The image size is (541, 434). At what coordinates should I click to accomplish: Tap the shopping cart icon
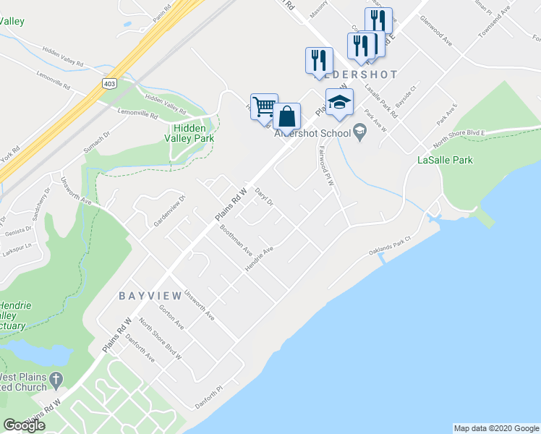tap(264, 107)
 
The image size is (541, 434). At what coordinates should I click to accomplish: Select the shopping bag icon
tap(286, 116)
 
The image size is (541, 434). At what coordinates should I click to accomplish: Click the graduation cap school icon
tap(338, 102)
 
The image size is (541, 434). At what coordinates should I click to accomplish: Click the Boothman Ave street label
tap(237, 241)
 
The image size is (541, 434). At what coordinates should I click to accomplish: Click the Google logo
tap(25, 425)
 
